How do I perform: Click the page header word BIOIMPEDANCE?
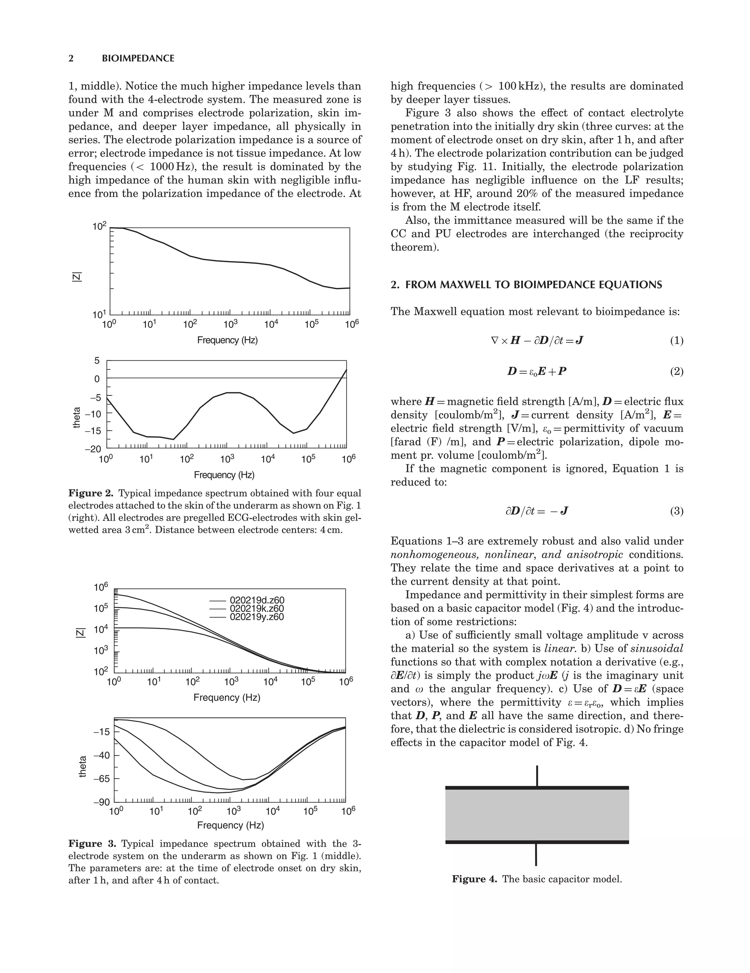138,58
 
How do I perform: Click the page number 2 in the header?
71,58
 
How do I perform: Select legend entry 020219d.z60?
257,600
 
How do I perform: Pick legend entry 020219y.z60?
257,617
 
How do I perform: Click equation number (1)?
676,341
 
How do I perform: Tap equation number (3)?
676,510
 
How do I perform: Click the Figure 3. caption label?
92,843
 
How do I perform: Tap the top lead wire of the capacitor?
537,776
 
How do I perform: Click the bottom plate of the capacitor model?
537,842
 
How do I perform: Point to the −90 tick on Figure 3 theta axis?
101,803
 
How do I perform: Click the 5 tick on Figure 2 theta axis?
97,361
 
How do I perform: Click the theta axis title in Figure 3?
82,766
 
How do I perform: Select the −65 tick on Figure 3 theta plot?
101,779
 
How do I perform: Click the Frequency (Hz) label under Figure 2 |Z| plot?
227,340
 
